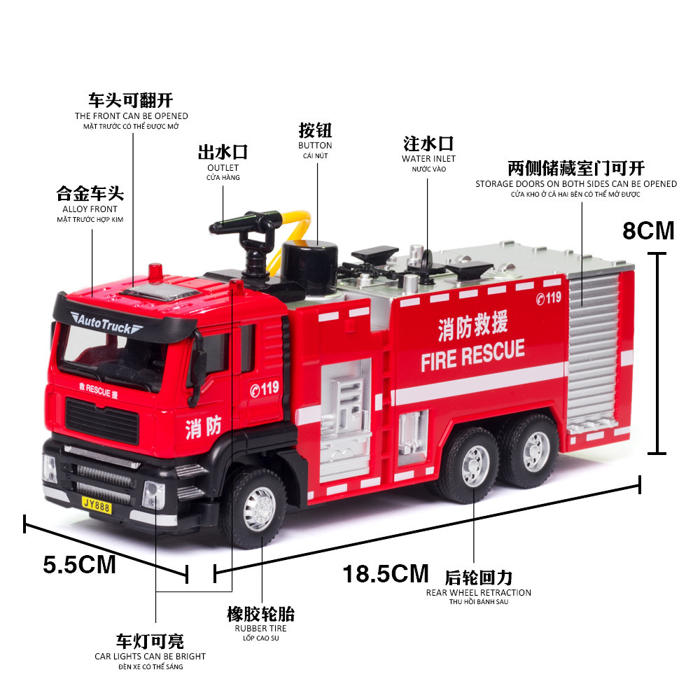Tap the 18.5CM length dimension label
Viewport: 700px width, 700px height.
tap(385, 574)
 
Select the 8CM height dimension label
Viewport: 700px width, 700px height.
tap(648, 230)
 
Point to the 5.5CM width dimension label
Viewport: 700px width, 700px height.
tap(79, 564)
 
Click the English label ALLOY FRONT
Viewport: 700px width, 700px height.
tap(90, 209)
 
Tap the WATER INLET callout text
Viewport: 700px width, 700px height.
tap(428, 159)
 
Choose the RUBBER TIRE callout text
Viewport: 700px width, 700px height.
tap(260, 629)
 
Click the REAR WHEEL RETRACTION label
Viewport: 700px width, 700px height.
tap(479, 593)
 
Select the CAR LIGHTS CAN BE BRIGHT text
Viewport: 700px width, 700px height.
tap(150, 657)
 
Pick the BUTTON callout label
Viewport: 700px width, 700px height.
tap(315, 146)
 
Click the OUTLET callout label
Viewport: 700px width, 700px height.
tap(223, 168)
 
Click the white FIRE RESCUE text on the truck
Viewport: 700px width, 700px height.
tap(472, 356)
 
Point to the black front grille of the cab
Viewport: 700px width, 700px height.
tap(96, 419)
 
